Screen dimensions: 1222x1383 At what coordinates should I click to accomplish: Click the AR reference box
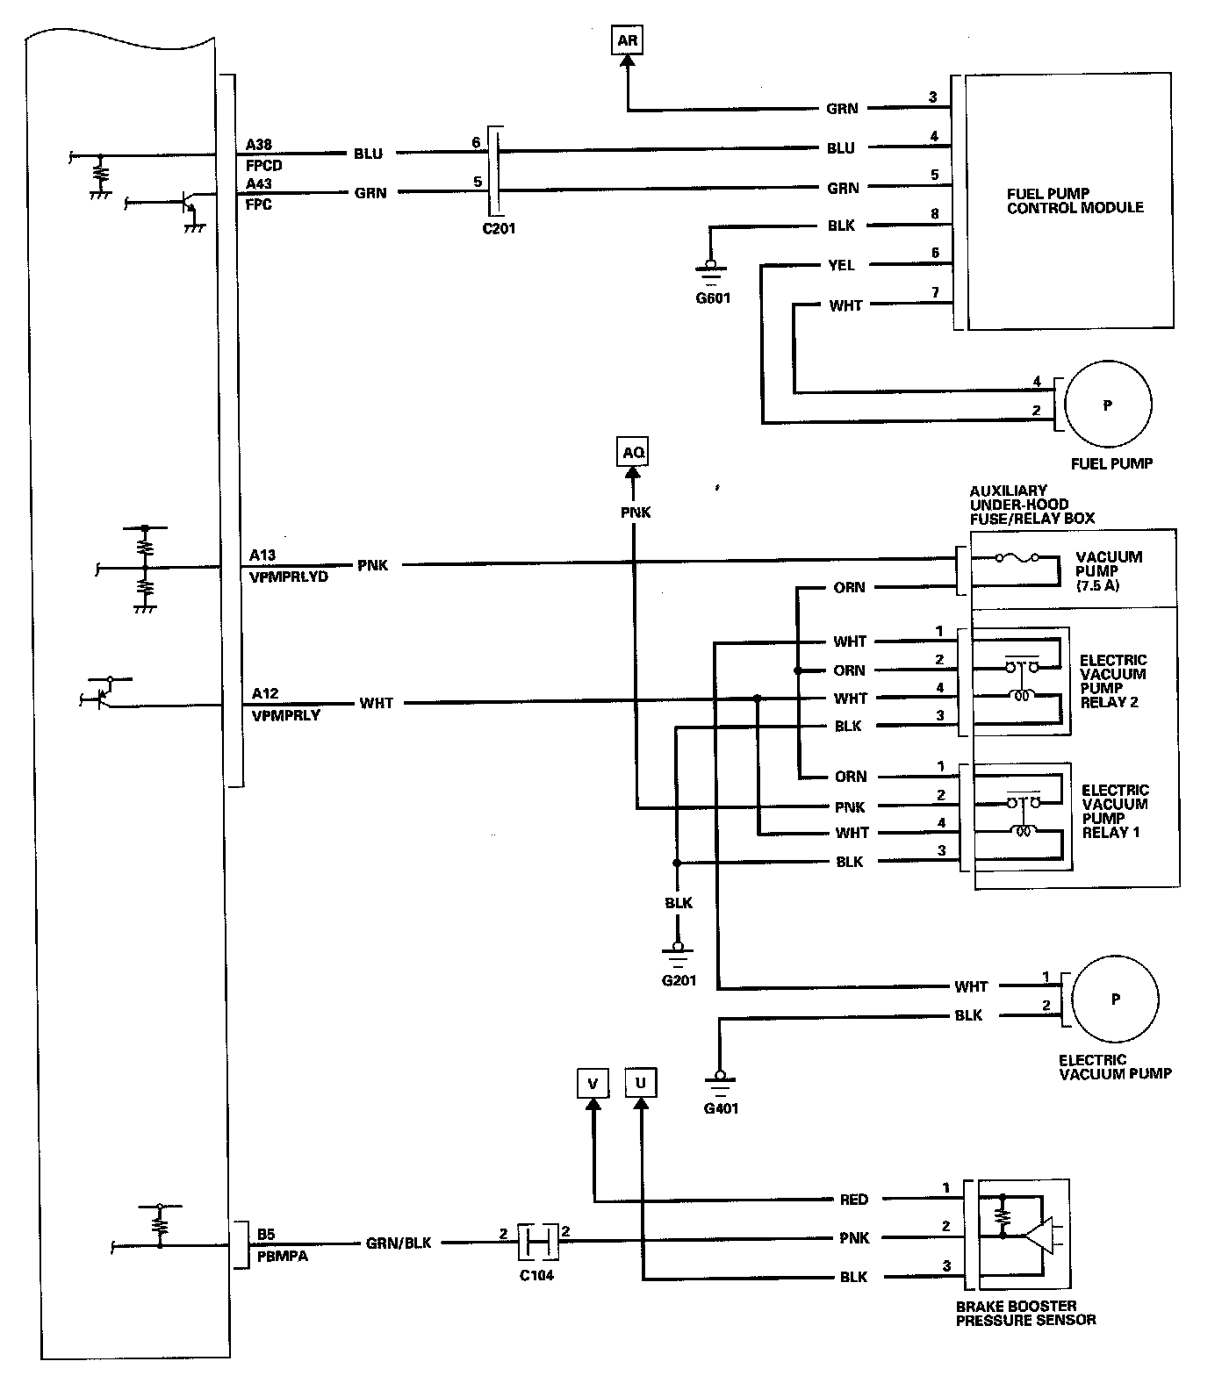(627, 40)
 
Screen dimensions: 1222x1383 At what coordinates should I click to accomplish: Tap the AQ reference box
(633, 453)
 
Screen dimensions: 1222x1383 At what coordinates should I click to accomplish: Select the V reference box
(593, 1084)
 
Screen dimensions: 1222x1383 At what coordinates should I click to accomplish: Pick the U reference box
(641, 1083)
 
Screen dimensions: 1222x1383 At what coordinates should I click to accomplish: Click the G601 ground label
(713, 297)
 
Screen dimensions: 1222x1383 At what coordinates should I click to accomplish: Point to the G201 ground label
(679, 980)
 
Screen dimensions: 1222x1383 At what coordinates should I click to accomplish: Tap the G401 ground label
(721, 1108)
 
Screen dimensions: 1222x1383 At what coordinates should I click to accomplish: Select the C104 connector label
(536, 1275)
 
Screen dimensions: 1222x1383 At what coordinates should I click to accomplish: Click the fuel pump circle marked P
(1108, 405)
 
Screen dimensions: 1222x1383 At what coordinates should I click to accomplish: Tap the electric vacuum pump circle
(1116, 999)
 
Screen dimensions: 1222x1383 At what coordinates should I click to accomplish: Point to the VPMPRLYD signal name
(288, 577)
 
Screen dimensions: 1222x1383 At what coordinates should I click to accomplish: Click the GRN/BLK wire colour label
(399, 1243)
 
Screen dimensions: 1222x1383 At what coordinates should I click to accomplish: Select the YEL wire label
(841, 265)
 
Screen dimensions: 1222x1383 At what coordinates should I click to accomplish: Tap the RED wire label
(853, 1200)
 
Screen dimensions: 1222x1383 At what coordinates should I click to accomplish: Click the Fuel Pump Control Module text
(1075, 201)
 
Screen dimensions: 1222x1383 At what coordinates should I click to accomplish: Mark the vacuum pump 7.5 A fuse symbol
(1018, 558)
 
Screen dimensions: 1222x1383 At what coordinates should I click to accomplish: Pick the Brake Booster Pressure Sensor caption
(1025, 1313)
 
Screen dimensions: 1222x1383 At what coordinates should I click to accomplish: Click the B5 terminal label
(266, 1235)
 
